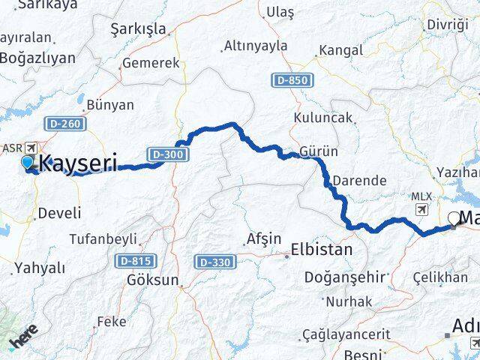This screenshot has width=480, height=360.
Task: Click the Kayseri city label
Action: coord(78,162)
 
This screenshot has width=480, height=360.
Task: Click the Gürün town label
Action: coord(318,151)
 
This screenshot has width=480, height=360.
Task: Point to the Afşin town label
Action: coord(263,239)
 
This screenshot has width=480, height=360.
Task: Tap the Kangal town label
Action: coord(341,51)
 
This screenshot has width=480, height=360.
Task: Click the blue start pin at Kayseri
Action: coord(28,162)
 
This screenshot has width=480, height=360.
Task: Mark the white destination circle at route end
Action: coord(453,220)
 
